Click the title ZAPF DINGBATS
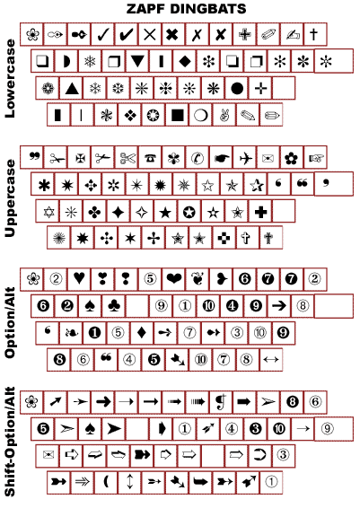tap(186, 9)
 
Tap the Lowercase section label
tap(10, 78)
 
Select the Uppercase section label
tap(10, 198)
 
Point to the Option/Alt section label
tap(10, 323)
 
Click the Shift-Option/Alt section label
tap(10, 442)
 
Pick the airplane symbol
tap(246, 158)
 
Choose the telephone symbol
tap(150, 158)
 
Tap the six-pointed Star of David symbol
tap(48, 212)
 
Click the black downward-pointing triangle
tap(137, 61)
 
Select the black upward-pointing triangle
tap(72, 88)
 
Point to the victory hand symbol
tap(224, 116)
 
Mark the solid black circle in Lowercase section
tap(237, 88)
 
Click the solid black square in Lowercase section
tap(178, 116)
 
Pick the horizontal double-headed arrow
tap(271, 359)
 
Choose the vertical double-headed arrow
tap(130, 482)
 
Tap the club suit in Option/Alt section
tap(114, 306)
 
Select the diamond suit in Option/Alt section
tap(142, 332)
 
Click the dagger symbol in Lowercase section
tap(314, 34)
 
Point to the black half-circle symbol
tap(67, 61)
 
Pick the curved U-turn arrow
tap(259, 455)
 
